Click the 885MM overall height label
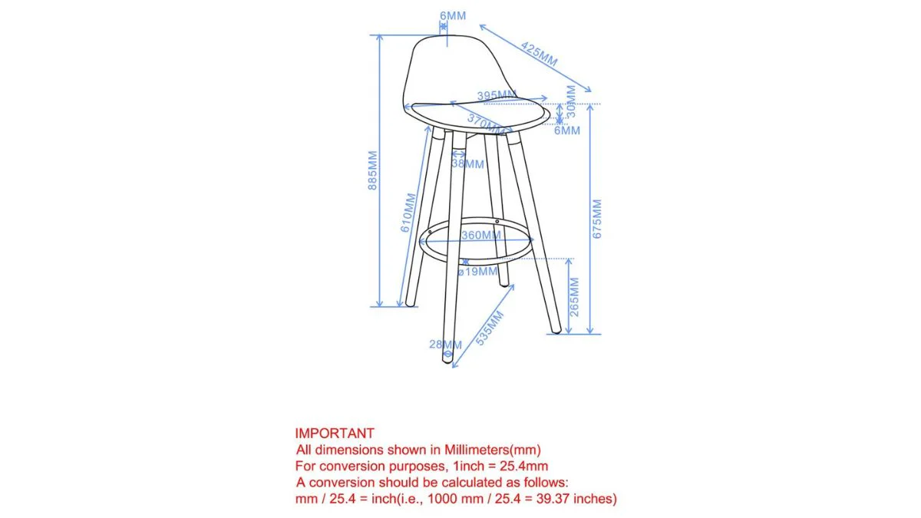(372, 170)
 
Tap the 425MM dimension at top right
(539, 54)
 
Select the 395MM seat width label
(497, 96)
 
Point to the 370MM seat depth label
(485, 124)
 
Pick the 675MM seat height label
(597, 219)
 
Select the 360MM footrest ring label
(480, 236)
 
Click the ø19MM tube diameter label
(477, 272)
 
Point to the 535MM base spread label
(489, 328)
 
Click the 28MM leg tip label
(445, 345)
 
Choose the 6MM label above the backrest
(453, 16)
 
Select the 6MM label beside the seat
(567, 130)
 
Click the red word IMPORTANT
(335, 434)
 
